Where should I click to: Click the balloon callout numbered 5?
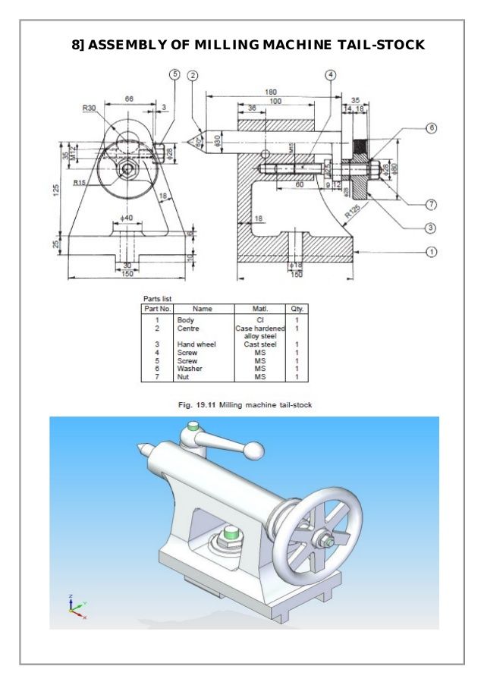click(175, 74)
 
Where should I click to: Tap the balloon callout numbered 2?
click(193, 75)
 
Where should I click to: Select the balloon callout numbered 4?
click(331, 75)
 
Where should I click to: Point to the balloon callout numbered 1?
click(431, 252)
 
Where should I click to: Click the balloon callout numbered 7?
click(431, 204)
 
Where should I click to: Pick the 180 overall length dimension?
click(271, 92)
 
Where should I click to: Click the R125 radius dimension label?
click(352, 215)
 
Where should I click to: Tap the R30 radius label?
click(89, 108)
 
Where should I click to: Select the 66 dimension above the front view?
click(129, 99)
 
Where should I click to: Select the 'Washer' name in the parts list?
click(190, 368)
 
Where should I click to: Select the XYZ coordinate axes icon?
click(74, 605)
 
